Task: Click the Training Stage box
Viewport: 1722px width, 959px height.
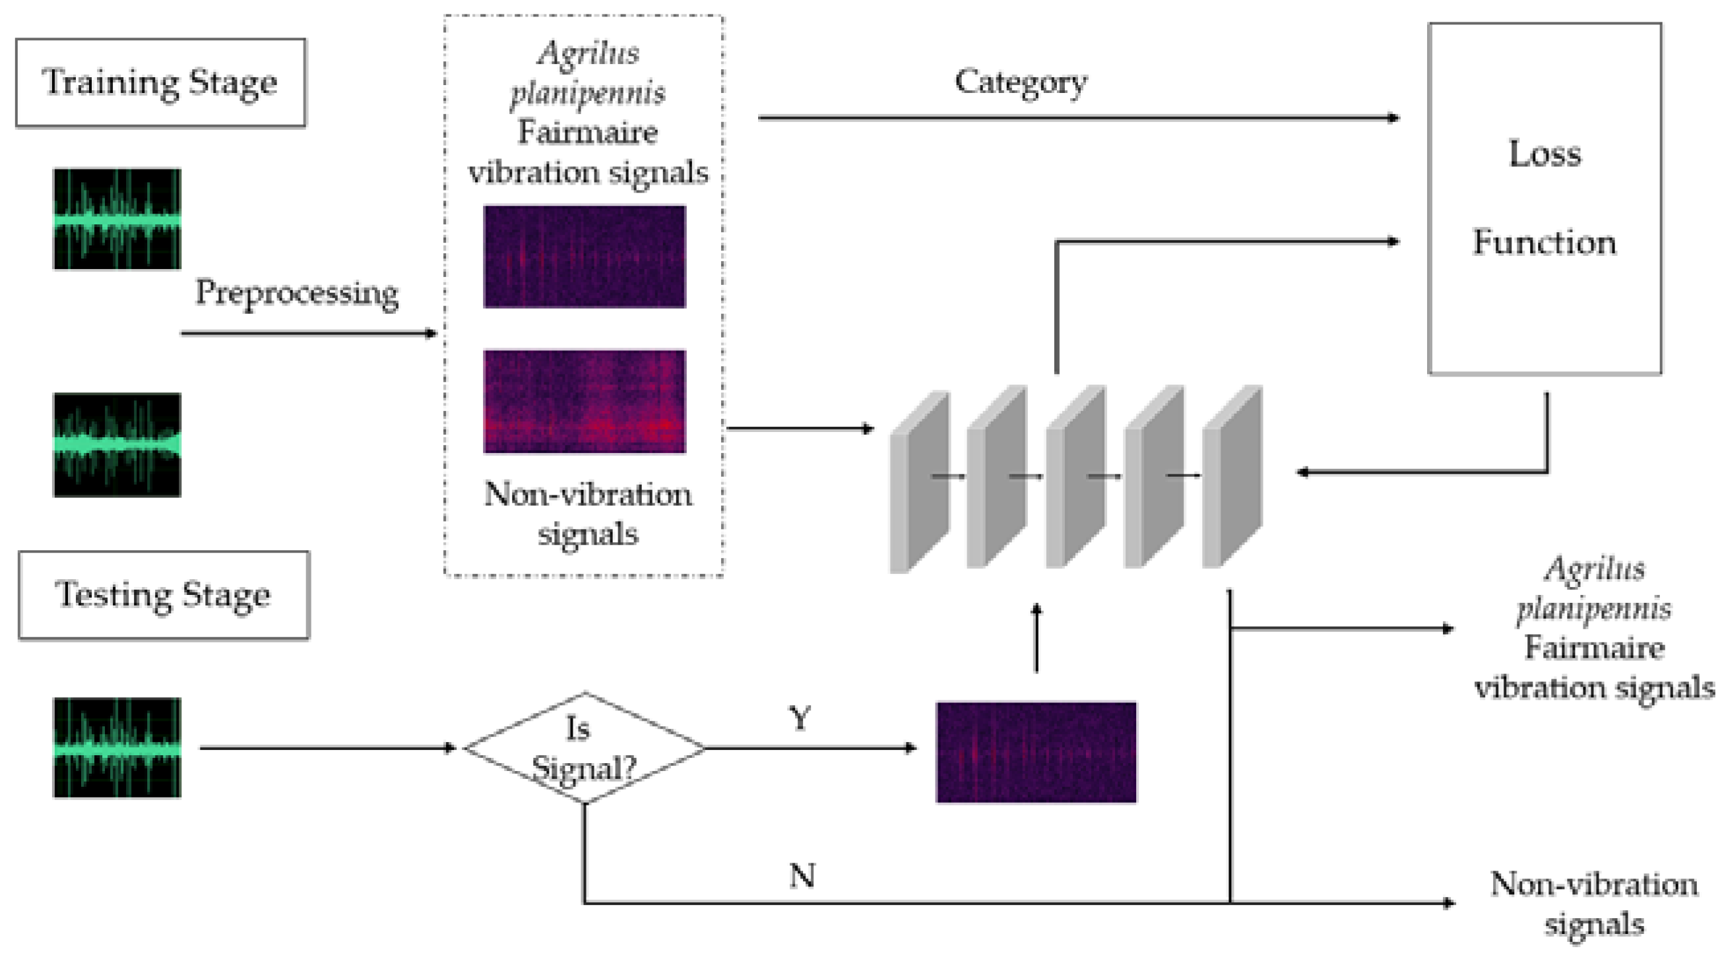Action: click(160, 83)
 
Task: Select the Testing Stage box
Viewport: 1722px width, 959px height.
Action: click(164, 595)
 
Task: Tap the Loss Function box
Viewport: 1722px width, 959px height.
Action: click(1544, 199)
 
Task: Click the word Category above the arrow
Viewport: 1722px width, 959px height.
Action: click(1020, 82)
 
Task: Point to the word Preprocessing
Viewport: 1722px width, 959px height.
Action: click(296, 293)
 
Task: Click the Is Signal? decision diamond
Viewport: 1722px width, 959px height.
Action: click(584, 748)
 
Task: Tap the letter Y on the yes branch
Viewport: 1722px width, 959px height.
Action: click(800, 719)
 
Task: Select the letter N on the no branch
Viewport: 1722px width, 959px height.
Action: click(802, 875)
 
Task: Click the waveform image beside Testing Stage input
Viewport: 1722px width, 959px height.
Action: click(117, 748)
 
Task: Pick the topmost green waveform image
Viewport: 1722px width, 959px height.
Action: click(117, 219)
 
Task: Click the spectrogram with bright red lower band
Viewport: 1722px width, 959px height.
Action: click(585, 402)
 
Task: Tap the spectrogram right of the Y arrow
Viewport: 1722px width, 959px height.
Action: click(1035, 752)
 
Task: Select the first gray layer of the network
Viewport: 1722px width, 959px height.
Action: click(918, 481)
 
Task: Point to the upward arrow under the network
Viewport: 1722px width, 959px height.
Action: click(1036, 638)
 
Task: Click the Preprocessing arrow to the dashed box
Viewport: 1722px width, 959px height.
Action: click(307, 333)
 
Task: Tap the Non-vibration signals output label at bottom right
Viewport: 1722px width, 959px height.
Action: click(1593, 904)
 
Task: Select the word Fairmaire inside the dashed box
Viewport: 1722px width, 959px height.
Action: click(587, 133)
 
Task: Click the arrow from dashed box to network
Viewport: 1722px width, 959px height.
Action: click(800, 428)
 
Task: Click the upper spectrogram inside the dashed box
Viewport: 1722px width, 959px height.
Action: click(585, 257)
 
